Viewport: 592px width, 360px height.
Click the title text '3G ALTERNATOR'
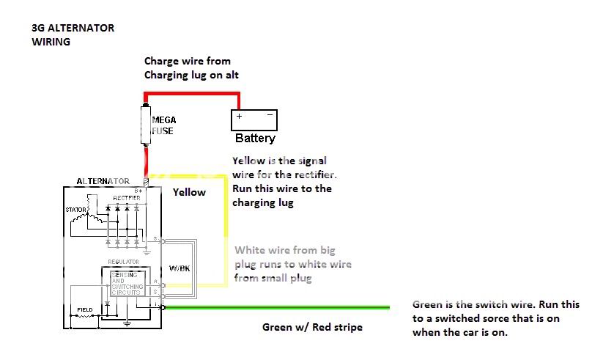73,28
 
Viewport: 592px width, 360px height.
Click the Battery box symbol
255,120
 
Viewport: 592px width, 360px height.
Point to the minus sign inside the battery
270,115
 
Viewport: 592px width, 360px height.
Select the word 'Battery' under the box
255,138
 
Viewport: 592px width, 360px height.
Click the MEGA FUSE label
163,125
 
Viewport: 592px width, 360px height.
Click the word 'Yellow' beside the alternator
189,192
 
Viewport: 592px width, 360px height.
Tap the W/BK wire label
180,268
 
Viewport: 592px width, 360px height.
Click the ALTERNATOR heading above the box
103,181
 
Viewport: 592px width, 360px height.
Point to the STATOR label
76,210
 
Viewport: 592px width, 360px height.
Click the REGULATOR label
123,261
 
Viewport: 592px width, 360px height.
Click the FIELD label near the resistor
86,310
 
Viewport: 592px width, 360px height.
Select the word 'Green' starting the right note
427,304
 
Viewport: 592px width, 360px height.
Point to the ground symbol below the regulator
127,321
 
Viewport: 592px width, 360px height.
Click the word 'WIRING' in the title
51,43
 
